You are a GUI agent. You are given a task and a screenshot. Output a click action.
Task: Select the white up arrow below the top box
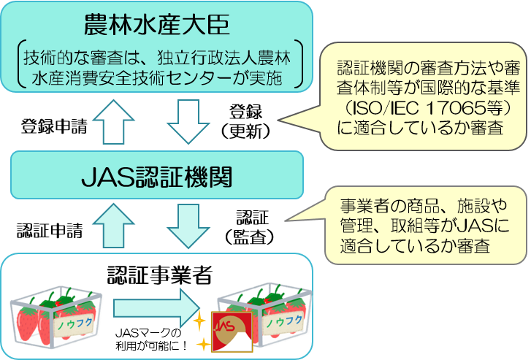[116, 120]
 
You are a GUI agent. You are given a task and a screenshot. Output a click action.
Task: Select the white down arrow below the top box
[188, 120]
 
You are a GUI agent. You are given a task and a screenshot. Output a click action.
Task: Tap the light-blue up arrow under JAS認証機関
[116, 225]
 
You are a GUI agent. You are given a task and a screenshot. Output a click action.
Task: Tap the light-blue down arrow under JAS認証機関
[188, 225]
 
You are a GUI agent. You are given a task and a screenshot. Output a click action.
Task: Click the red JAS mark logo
[231, 332]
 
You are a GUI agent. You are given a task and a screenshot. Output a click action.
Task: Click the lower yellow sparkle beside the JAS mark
[202, 343]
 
